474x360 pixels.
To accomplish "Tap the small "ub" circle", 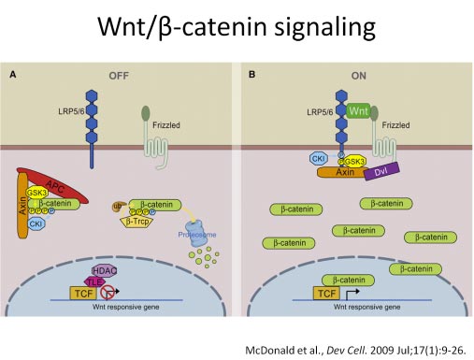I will [117, 204].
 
